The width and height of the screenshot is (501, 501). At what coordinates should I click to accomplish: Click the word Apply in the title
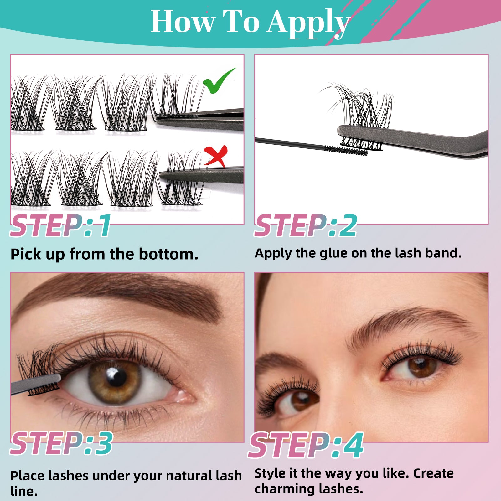pyautogui.click(x=308, y=23)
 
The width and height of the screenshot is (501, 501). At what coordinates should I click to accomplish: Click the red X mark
pyautogui.click(x=216, y=155)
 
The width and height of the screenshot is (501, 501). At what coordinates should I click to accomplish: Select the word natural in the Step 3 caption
pyautogui.click(x=185, y=476)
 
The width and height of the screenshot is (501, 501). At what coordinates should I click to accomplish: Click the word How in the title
pyautogui.click(x=183, y=22)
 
